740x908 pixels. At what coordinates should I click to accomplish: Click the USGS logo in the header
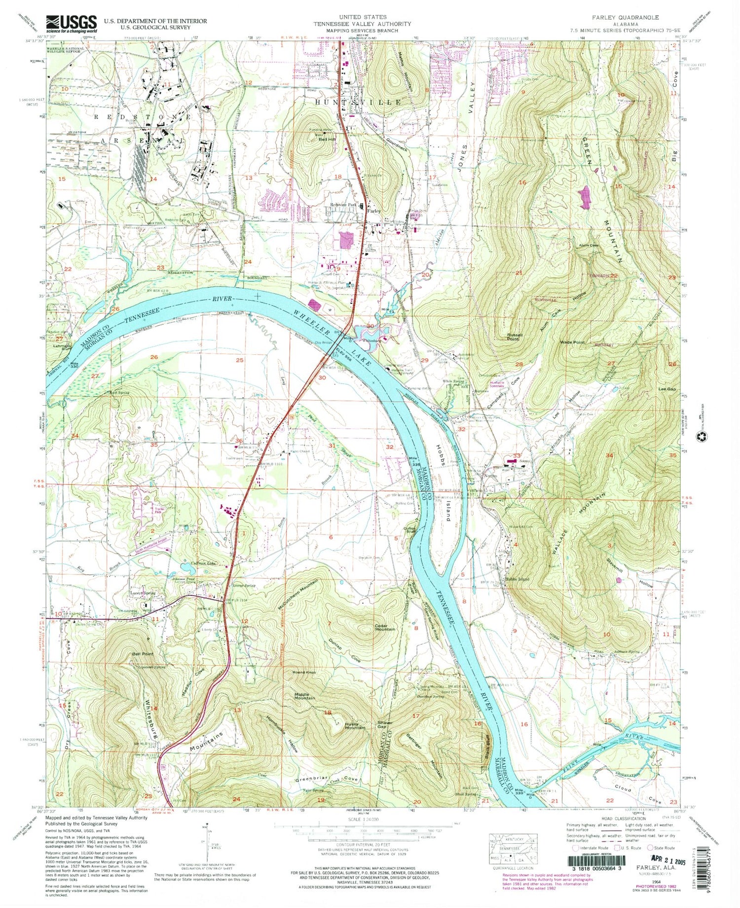(x=72, y=23)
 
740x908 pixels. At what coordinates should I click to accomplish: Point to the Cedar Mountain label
(x=385, y=627)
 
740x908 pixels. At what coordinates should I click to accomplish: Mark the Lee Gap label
(x=667, y=389)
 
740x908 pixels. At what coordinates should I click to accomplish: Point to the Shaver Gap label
(x=385, y=725)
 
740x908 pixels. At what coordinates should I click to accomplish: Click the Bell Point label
(x=142, y=654)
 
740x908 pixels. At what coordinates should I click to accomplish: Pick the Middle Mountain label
(x=304, y=696)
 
